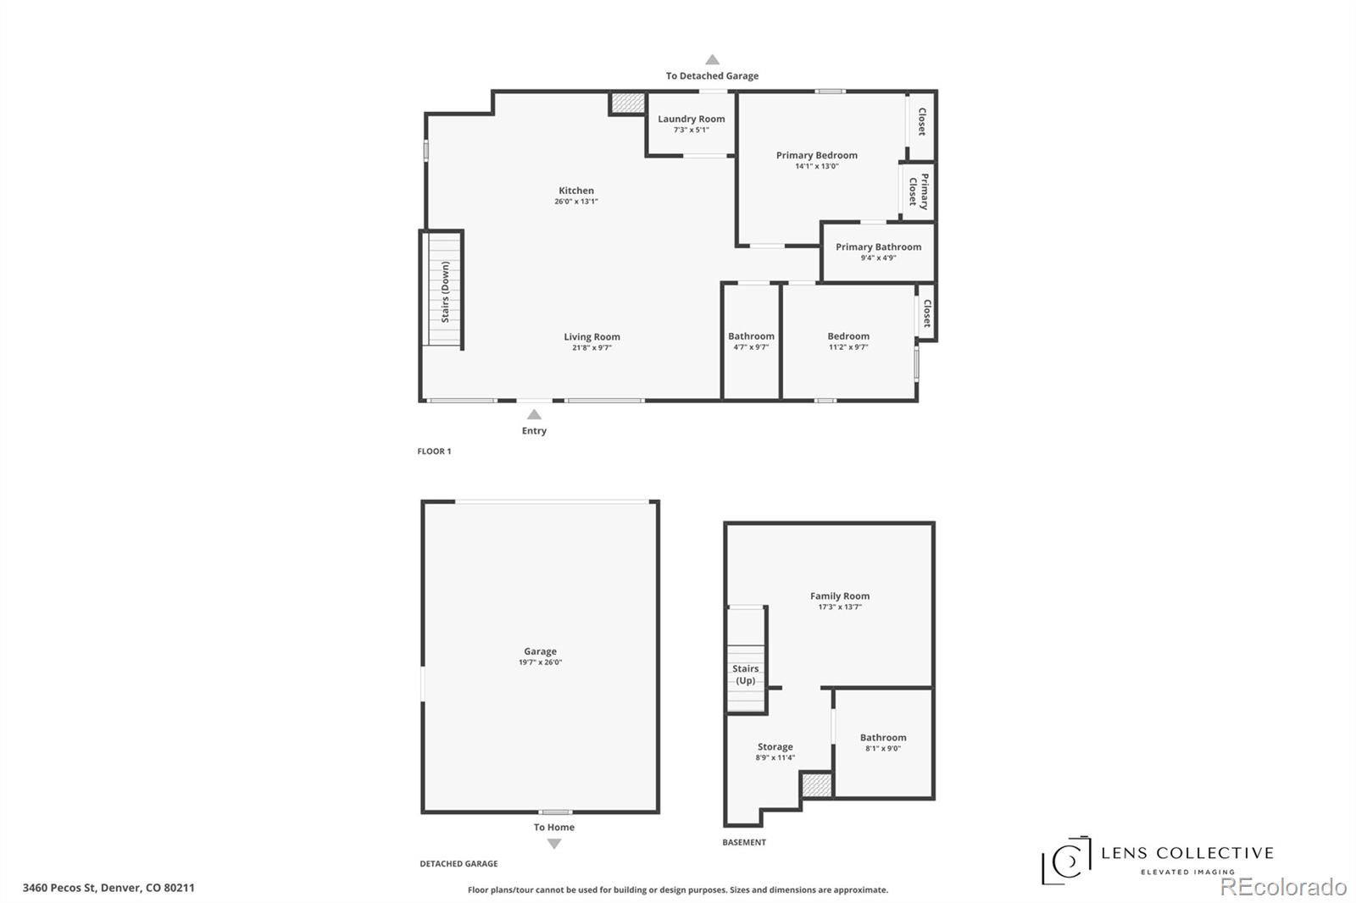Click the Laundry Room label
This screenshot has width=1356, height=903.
point(691,119)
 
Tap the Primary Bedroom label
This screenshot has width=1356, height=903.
point(816,156)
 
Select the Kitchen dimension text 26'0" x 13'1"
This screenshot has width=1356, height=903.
point(575,202)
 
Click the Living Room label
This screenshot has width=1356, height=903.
point(592,337)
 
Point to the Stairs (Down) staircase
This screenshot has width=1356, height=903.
point(443,290)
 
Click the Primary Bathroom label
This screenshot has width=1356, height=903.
point(878,247)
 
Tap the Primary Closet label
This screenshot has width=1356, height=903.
point(919,191)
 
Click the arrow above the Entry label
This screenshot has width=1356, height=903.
point(534,414)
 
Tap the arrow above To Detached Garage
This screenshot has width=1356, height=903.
point(712,60)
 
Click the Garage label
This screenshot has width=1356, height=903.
point(540,651)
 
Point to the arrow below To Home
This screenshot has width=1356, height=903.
point(553,844)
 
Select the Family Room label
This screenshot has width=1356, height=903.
point(839,596)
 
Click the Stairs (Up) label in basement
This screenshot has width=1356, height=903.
point(745,674)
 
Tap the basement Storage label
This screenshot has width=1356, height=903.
point(775,747)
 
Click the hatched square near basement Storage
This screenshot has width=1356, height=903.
point(817,784)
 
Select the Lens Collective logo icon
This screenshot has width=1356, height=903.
point(1066,861)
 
